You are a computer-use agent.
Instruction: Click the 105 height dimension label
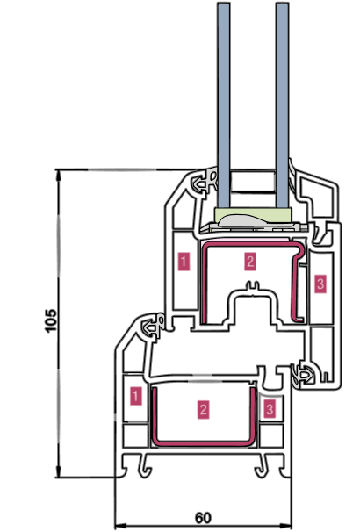(51, 320)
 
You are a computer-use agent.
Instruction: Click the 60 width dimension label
(203, 518)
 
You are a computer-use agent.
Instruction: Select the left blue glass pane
(223, 105)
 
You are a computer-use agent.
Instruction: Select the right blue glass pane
(283, 105)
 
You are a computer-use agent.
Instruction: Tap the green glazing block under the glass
(253, 215)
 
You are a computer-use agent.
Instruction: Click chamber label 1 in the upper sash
(184, 262)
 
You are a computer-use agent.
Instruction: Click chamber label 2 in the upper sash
(250, 262)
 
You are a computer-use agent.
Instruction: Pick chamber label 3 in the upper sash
(320, 284)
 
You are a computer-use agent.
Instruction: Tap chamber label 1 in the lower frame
(136, 396)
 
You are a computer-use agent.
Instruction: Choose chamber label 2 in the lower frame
(203, 409)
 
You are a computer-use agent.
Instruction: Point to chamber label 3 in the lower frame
(270, 409)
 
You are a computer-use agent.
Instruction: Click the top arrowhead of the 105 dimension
(59, 175)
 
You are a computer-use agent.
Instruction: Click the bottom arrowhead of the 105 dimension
(59, 471)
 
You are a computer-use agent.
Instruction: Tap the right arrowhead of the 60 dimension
(285, 526)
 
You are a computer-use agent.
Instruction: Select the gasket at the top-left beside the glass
(205, 182)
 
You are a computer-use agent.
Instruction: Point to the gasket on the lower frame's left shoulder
(153, 326)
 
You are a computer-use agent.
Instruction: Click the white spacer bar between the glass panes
(253, 183)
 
